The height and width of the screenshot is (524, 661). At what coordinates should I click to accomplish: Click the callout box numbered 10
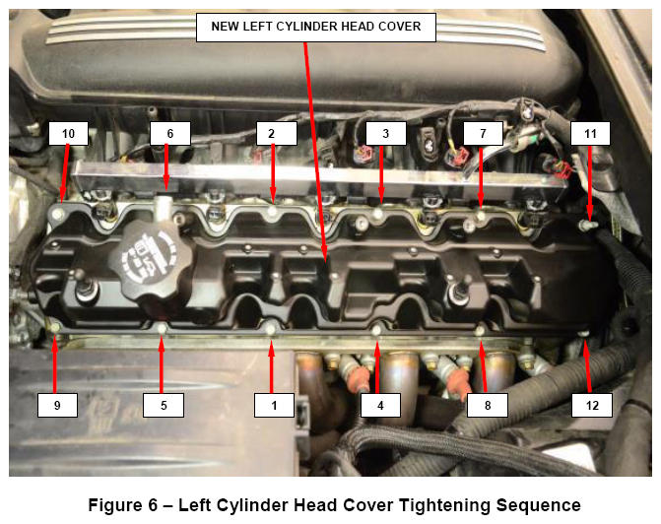pos(68,134)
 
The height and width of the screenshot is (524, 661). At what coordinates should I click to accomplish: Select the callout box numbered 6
pos(170,134)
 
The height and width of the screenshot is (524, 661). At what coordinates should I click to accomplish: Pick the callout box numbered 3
pos(386,134)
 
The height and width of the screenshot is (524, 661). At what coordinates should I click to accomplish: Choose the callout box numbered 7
pos(483,134)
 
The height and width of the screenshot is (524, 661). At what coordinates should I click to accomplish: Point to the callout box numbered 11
pos(590,134)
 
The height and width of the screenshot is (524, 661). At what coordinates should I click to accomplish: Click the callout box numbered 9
pos(57,405)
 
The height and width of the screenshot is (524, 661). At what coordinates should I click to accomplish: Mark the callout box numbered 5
pos(164,405)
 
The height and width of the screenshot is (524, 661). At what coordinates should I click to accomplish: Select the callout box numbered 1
pos(274,405)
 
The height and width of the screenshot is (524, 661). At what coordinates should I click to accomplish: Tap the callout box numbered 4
pos(380,405)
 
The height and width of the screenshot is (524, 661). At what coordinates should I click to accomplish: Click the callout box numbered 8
pos(488,405)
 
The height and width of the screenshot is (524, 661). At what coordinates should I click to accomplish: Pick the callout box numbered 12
pos(592,405)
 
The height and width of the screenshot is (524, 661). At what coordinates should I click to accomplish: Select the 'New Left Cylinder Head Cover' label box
pos(316,27)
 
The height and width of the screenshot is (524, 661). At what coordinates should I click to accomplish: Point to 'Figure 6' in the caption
pos(123,505)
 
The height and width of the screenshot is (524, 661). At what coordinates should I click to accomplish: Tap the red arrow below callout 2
pos(273,172)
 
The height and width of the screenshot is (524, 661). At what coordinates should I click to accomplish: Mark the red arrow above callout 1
pos(272,366)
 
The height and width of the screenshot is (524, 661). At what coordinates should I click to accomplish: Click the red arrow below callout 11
pos(590,182)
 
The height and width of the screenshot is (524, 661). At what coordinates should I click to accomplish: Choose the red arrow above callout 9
pos(55,363)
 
